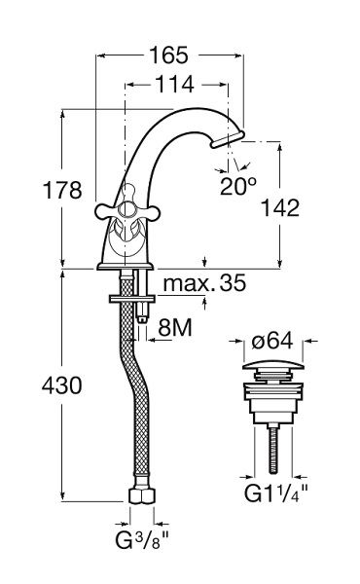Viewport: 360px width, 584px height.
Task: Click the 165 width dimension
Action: point(168,55)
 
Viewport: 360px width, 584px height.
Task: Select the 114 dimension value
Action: point(174,84)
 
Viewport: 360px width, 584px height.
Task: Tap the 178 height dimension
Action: point(62,190)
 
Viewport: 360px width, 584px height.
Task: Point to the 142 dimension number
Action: point(280,208)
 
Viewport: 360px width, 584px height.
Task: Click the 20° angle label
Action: point(238,186)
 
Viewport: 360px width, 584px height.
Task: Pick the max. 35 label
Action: point(204,283)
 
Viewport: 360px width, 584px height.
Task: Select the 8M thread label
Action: point(175,328)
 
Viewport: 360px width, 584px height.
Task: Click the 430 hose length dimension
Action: point(62,385)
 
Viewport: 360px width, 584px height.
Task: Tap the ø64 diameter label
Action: point(272,341)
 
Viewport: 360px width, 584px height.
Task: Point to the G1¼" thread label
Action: point(276,493)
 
